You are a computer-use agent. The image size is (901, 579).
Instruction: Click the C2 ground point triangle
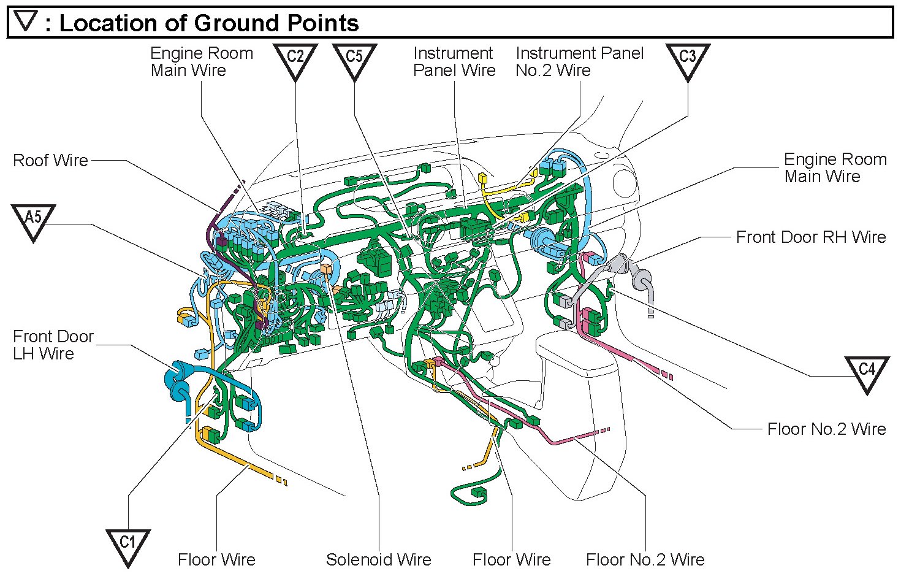(295, 59)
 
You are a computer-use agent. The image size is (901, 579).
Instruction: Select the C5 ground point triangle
(354, 59)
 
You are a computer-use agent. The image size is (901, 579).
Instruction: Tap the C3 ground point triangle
(687, 59)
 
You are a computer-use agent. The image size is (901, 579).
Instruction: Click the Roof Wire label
(50, 161)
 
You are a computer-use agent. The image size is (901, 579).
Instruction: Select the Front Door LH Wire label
(53, 345)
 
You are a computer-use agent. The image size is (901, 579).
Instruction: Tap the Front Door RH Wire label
(810, 237)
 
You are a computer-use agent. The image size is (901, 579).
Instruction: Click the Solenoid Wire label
(378, 559)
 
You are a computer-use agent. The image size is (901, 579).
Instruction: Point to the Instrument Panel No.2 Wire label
(579, 62)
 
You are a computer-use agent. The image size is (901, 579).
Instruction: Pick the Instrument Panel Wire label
(454, 62)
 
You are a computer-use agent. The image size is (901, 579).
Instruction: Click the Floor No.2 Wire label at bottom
(645, 559)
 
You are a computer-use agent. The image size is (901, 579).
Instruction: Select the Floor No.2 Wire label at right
(826, 429)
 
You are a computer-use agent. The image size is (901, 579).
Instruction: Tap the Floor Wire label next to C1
(216, 559)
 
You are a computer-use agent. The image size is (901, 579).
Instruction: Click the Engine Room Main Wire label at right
(835, 168)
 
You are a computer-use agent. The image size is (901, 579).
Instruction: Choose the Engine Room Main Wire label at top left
(201, 62)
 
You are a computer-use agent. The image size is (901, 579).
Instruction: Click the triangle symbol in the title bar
(26, 21)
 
